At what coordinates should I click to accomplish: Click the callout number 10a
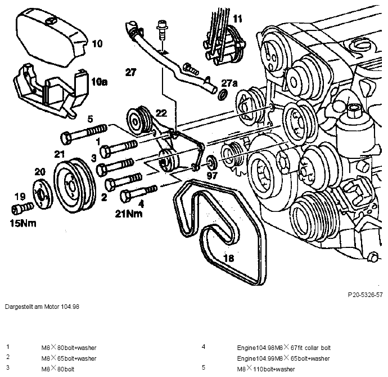pyautogui.click(x=99, y=82)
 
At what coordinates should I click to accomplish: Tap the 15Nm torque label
pyautogui.click(x=23, y=223)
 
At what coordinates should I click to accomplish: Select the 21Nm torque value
pyautogui.click(x=129, y=214)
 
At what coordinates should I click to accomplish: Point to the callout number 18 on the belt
pyautogui.click(x=229, y=258)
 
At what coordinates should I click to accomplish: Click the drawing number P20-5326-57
pyautogui.click(x=365, y=295)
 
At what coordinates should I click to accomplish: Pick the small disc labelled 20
pyautogui.click(x=43, y=194)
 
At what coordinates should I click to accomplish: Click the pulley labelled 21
pyautogui.click(x=75, y=184)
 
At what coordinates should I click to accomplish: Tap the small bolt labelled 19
pyautogui.click(x=22, y=208)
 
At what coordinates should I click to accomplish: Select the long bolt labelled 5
pyautogui.click(x=84, y=132)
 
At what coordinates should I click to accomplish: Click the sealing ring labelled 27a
pyautogui.click(x=223, y=95)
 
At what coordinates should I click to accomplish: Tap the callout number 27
pyautogui.click(x=130, y=73)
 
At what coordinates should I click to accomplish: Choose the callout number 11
pyautogui.click(x=237, y=19)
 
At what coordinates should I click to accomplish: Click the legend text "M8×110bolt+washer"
pyautogui.click(x=266, y=369)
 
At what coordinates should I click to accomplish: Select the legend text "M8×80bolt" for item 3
pyautogui.click(x=58, y=369)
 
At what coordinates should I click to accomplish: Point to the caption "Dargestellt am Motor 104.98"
pyautogui.click(x=42, y=307)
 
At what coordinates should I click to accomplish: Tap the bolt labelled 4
pyautogui.click(x=138, y=193)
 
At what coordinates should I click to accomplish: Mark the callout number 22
pyautogui.click(x=161, y=113)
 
